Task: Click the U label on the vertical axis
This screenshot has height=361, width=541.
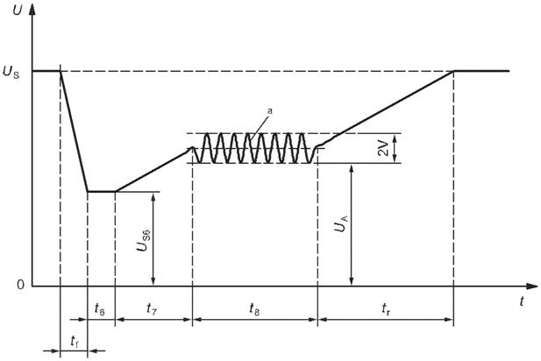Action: [x=17, y=10]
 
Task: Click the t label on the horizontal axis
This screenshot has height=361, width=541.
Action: [x=522, y=301]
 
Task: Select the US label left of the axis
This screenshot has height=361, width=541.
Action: [x=11, y=73]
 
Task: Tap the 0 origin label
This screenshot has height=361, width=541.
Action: [x=21, y=285]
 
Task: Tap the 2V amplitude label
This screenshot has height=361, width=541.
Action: [x=383, y=148]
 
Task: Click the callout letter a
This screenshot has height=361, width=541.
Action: [x=270, y=111]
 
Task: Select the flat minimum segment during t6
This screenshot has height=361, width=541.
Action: [x=101, y=191]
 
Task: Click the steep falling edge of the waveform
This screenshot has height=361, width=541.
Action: [x=74, y=131]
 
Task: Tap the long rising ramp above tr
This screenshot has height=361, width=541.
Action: [x=386, y=108]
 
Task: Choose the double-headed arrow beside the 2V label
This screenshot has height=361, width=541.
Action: [x=395, y=148]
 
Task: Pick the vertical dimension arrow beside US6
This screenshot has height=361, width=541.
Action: [x=153, y=238]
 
